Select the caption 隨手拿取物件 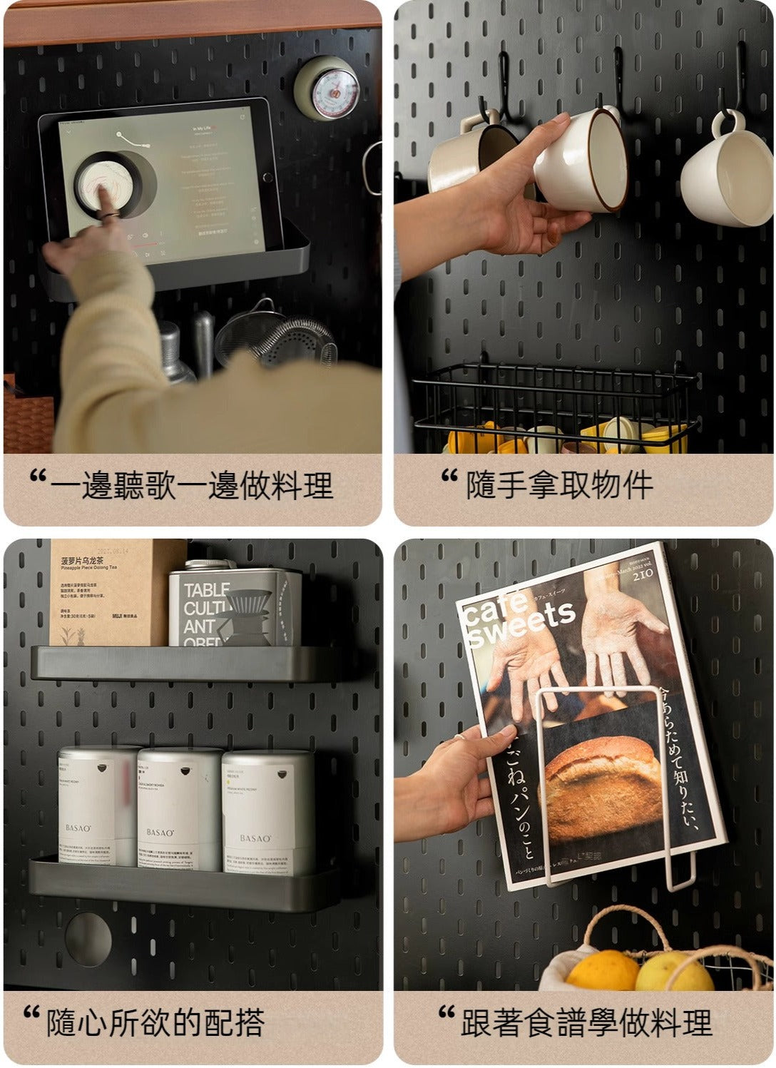558,486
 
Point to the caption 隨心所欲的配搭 155,1022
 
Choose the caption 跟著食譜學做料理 586,1022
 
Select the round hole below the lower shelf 88,934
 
